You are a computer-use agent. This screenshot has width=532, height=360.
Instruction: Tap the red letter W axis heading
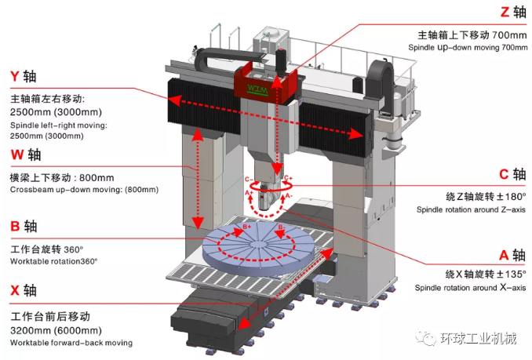(x=16, y=154)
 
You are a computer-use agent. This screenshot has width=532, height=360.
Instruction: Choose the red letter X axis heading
(x=15, y=289)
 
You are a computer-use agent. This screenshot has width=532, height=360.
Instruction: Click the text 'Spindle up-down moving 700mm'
(x=467, y=48)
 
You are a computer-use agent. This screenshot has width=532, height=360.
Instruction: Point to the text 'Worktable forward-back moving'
(x=71, y=343)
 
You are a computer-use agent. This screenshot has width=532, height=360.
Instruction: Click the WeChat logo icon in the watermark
(x=428, y=339)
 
